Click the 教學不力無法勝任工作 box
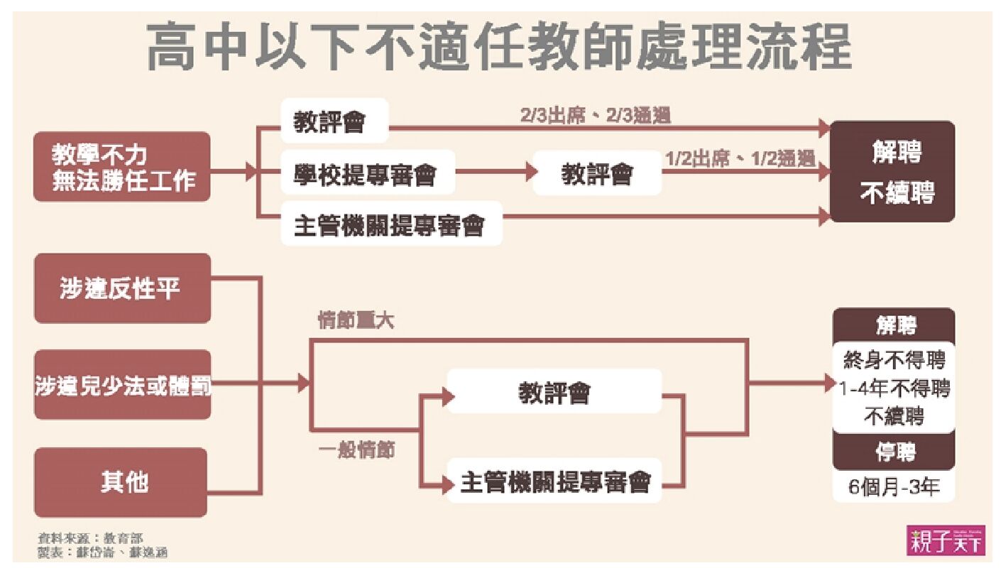click(122, 166)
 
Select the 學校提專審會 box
click(367, 173)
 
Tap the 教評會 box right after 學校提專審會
click(596, 173)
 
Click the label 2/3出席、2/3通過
click(595, 116)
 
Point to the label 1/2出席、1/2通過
click(740, 158)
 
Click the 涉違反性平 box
click(122, 288)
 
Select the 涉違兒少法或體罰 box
click(123, 385)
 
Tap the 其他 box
click(122, 482)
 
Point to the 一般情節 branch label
click(357, 450)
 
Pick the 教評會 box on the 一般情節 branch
click(554, 392)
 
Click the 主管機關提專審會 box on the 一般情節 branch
click(554, 483)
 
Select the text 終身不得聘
click(895, 359)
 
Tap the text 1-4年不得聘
click(894, 388)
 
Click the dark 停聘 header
click(895, 452)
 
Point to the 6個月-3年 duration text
click(894, 488)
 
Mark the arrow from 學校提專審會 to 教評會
click(494, 173)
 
